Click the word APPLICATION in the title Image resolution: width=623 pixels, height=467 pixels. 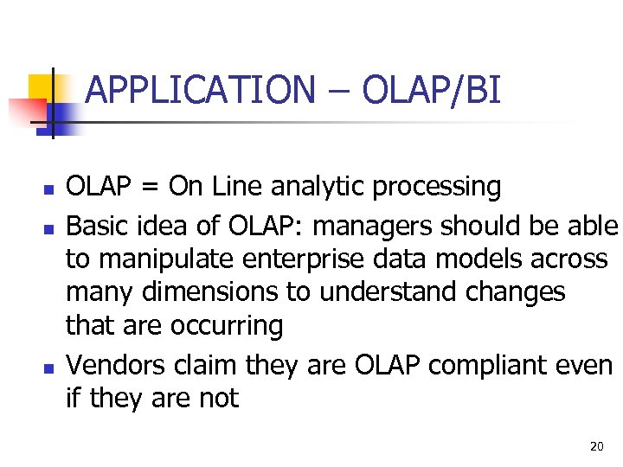[201, 90]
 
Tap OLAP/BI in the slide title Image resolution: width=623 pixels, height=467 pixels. [431, 90]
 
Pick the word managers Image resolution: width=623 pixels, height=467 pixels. [373, 227]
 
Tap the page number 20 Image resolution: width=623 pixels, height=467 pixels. [596, 447]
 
